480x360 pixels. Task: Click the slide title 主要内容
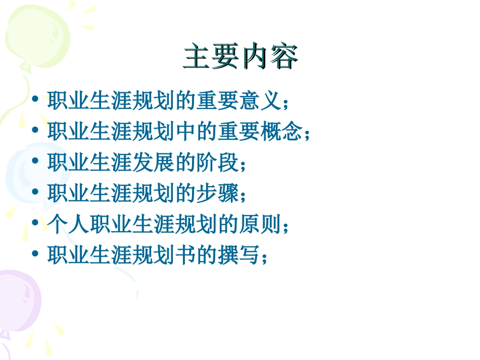click(241, 57)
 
